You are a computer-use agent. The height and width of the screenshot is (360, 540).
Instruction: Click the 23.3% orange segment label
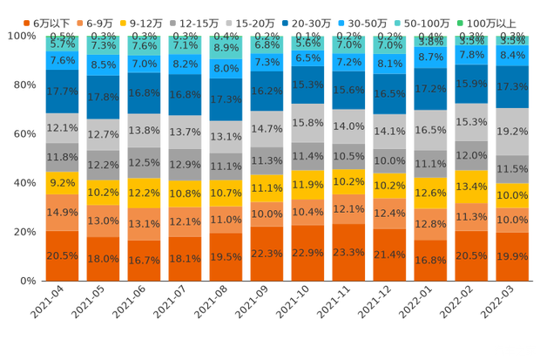pos(349,253)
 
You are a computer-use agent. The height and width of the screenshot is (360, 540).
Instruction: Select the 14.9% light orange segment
pos(63,213)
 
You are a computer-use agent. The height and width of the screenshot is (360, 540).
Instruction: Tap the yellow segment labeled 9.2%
pos(63,184)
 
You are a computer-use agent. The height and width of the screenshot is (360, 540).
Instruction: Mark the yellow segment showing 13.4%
pos(471,187)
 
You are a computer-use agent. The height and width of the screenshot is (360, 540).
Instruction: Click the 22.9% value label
pos(308,253)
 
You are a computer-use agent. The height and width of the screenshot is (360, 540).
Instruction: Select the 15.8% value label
pos(308,124)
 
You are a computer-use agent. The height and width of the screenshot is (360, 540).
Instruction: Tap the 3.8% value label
pos(430,41)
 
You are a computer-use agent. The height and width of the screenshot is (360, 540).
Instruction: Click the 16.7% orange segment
pos(144,260)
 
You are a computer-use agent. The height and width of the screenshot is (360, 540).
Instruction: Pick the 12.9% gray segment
pos(186,165)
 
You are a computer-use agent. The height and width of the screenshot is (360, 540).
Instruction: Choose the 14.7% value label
pos(267,128)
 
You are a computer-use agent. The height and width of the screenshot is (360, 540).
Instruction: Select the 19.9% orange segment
pos(511,256)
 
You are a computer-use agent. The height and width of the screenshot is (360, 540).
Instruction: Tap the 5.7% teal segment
pos(63,43)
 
